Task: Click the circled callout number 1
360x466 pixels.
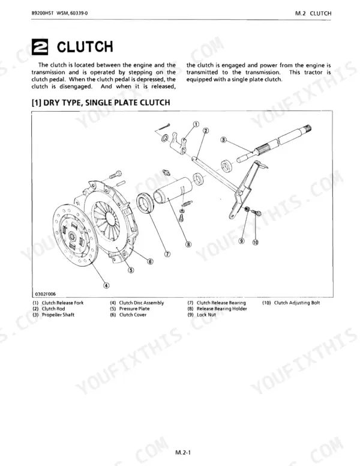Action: tap(196, 124)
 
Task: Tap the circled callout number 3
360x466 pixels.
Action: tap(224, 140)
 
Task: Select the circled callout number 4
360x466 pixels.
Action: tap(106, 286)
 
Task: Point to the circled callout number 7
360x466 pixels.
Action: tap(167, 254)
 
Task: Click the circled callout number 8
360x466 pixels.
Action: tap(188, 244)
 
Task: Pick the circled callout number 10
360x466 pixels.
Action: tap(256, 242)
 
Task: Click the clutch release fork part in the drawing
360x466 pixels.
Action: tap(178, 142)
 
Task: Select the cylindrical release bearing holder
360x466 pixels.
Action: tap(173, 190)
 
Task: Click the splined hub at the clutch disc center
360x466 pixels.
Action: tap(71, 237)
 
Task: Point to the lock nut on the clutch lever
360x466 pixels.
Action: tap(247, 209)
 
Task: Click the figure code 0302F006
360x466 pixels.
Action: tap(46, 294)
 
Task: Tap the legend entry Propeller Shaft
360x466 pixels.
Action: tap(58, 315)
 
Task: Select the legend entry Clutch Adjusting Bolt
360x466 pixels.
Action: tap(297, 303)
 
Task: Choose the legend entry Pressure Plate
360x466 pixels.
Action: tap(134, 309)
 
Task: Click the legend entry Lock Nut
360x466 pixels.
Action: tap(206, 315)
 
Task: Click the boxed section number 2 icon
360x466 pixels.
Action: tap(40, 47)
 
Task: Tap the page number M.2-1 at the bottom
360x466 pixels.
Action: tap(182, 453)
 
